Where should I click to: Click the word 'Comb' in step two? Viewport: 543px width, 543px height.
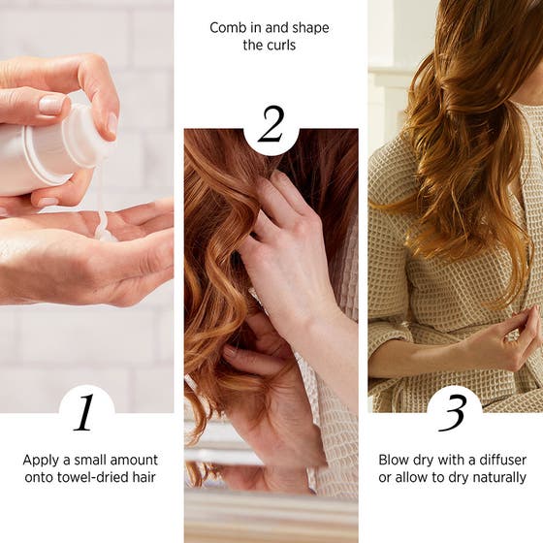[228, 27]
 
